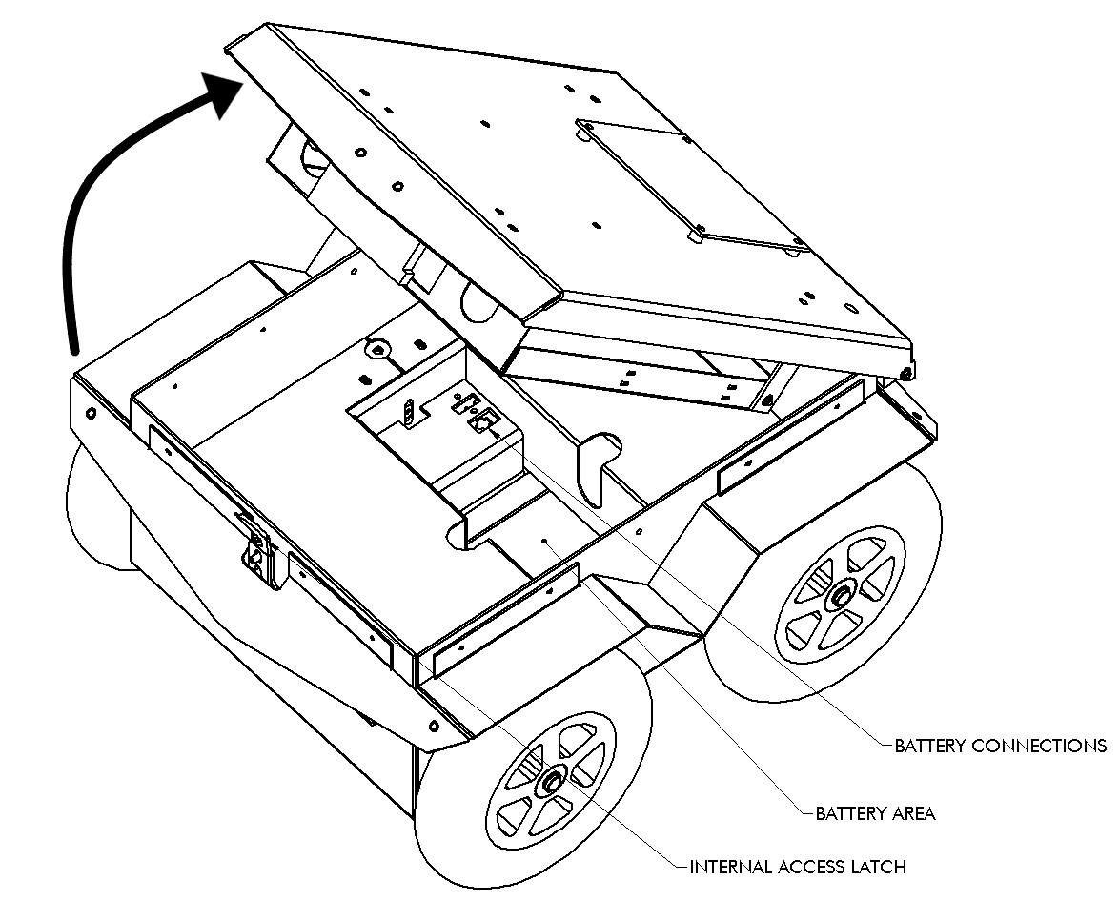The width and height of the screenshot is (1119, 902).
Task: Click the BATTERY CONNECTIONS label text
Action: [x=1000, y=745]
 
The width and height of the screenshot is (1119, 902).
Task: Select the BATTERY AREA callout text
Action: [x=875, y=813]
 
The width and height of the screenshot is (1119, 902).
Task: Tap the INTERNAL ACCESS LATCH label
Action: [x=797, y=867]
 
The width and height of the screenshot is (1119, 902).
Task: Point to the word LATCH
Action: [x=876, y=867]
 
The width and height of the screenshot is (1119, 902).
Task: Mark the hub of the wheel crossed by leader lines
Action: [x=551, y=782]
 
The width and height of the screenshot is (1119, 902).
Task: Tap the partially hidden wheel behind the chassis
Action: [x=95, y=515]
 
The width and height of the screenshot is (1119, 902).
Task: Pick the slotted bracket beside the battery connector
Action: [x=408, y=412]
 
